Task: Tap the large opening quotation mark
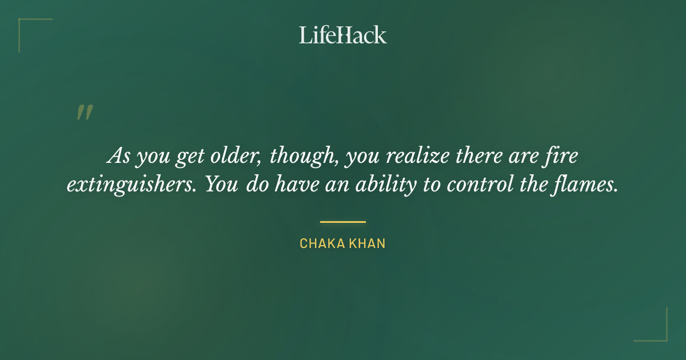(85, 112)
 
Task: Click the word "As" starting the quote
(118, 155)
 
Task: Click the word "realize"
(424, 155)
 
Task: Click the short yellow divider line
(342, 222)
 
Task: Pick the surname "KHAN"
(366, 243)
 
